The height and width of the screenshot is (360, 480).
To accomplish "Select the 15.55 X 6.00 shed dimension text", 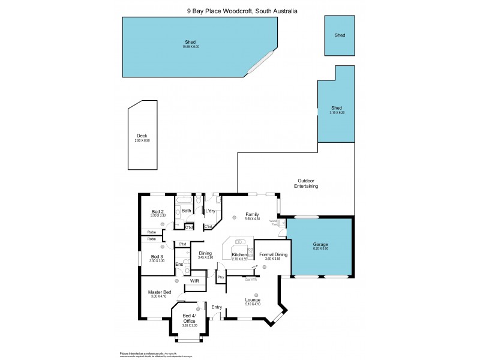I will point(191,47).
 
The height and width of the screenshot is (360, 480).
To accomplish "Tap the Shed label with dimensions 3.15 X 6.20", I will point(337,109).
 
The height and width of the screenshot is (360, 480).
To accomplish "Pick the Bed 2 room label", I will point(158,211).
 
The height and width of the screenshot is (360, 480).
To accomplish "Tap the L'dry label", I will point(211,211).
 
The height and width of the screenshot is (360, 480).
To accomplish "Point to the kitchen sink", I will point(240,242).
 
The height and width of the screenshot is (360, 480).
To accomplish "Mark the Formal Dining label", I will point(273,254).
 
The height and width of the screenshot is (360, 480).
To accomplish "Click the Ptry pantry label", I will point(221,277).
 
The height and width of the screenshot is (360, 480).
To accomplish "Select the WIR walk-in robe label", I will point(194,280).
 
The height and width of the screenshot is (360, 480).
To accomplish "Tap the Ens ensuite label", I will point(179,264).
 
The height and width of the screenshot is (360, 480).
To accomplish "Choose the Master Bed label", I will point(160,292).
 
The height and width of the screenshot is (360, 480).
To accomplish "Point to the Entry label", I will point(217,307).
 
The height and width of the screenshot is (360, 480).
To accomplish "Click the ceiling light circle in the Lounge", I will point(256,294).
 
